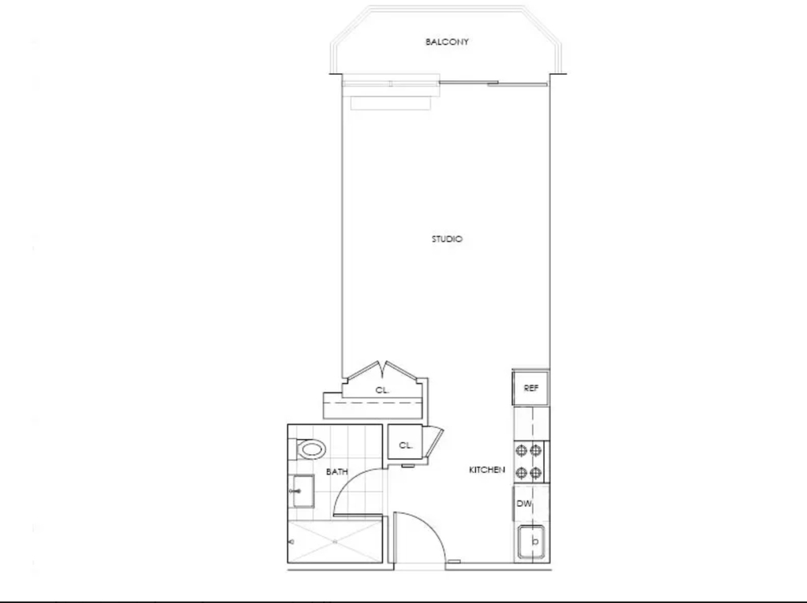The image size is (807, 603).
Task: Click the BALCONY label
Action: coord(447,42)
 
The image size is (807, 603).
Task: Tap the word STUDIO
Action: coord(447,239)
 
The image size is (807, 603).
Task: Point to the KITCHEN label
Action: coord(487,470)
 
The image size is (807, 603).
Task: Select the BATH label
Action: coord(337,471)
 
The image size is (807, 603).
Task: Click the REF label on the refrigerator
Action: coord(530,389)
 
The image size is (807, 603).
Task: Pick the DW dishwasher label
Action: coord(524,504)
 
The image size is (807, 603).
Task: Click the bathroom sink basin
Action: coord(303,491)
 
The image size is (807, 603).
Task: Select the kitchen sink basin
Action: coord(531,542)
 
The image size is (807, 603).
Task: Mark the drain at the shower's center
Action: coord(334,542)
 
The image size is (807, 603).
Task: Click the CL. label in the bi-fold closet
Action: coord(382,390)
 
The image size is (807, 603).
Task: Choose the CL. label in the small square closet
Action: coord(406,445)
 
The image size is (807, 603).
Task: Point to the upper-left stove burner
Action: coord(522,451)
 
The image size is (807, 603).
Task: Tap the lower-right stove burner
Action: coord(536,472)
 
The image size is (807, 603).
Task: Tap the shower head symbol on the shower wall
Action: coord(292,542)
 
